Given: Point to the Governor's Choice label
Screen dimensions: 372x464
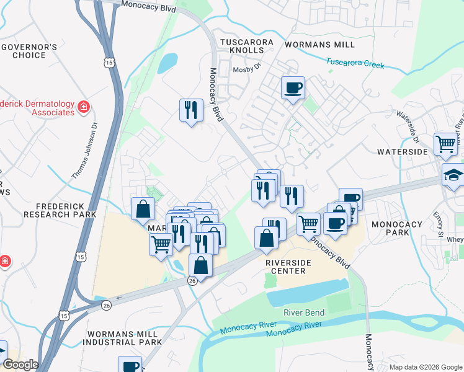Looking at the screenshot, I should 29,51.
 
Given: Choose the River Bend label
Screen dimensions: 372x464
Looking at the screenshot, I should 304,312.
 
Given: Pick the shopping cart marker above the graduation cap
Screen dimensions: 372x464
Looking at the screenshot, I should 445,144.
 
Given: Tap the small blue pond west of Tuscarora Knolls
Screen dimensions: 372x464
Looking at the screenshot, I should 167,63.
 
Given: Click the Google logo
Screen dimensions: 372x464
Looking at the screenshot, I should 20,365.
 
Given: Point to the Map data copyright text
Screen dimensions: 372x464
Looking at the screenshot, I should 425,367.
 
